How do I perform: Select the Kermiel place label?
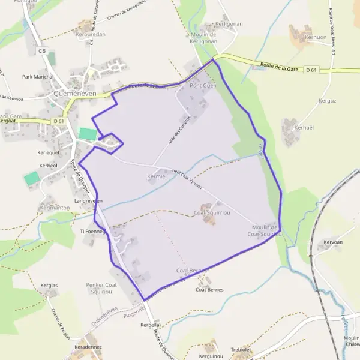click(x=156, y=176)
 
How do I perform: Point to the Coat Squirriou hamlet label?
click(x=210, y=212)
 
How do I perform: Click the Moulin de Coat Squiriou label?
click(x=265, y=230)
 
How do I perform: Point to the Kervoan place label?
click(x=333, y=242)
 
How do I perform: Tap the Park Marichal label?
click(x=38, y=77)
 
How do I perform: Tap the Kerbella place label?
click(x=149, y=325)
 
